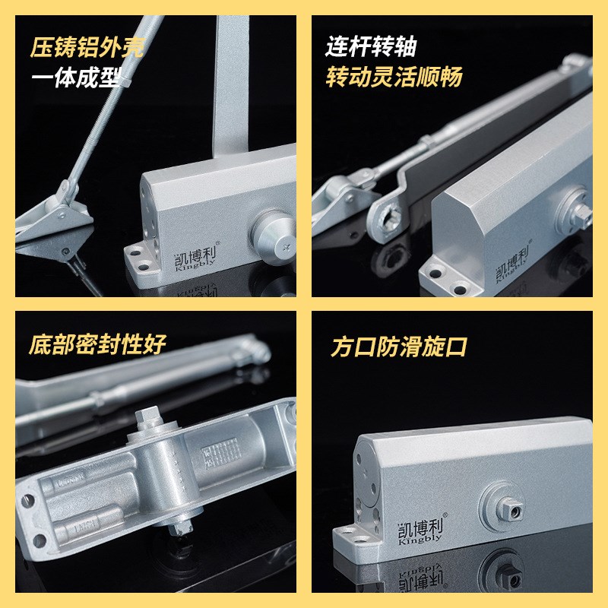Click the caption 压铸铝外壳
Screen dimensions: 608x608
tap(87, 49)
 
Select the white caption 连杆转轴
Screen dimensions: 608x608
tap(371, 48)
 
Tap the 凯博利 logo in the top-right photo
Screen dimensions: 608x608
tap(517, 272)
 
